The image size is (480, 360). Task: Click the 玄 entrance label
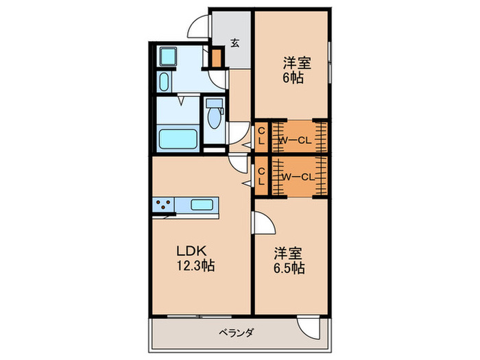tap(235, 43)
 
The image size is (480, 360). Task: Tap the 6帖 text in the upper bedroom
tap(296, 77)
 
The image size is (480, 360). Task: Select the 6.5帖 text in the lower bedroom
tap(291, 268)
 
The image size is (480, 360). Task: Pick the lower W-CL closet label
tap(297, 176)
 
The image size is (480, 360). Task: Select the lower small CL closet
tap(261, 177)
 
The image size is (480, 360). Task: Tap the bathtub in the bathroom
tap(178, 138)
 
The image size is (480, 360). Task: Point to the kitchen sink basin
tap(202, 204)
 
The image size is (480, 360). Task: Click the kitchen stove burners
tap(164, 204)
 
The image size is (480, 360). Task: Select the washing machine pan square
tap(168, 56)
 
